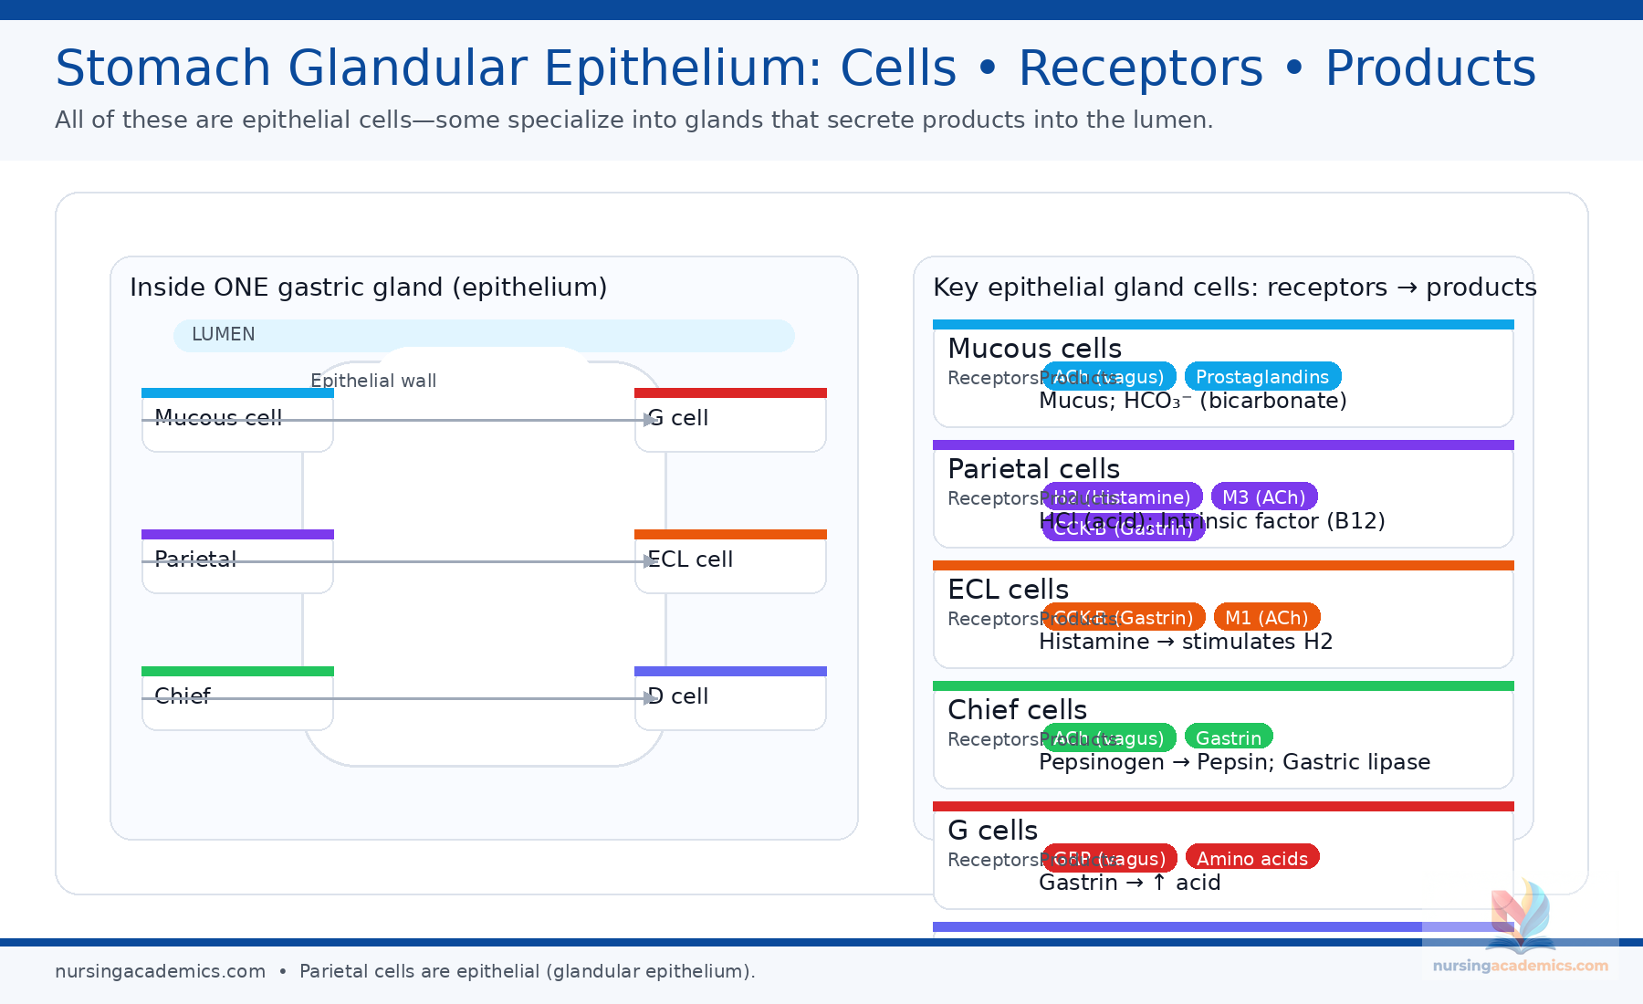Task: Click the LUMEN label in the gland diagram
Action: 224,335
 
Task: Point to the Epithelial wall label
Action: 373,381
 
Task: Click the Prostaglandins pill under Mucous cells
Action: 1262,377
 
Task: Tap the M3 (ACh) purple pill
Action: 1264,497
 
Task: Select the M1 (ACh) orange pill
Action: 1266,618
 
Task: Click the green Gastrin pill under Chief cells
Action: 1229,738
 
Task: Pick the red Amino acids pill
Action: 1252,859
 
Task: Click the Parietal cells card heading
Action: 1033,469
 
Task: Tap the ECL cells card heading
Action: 1008,590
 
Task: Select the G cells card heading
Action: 992,831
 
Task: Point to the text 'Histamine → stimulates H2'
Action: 1186,642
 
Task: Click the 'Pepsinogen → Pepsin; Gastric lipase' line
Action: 1234,762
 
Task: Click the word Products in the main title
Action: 1429,68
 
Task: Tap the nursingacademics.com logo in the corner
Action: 1520,931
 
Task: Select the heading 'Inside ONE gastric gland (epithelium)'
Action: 368,288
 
